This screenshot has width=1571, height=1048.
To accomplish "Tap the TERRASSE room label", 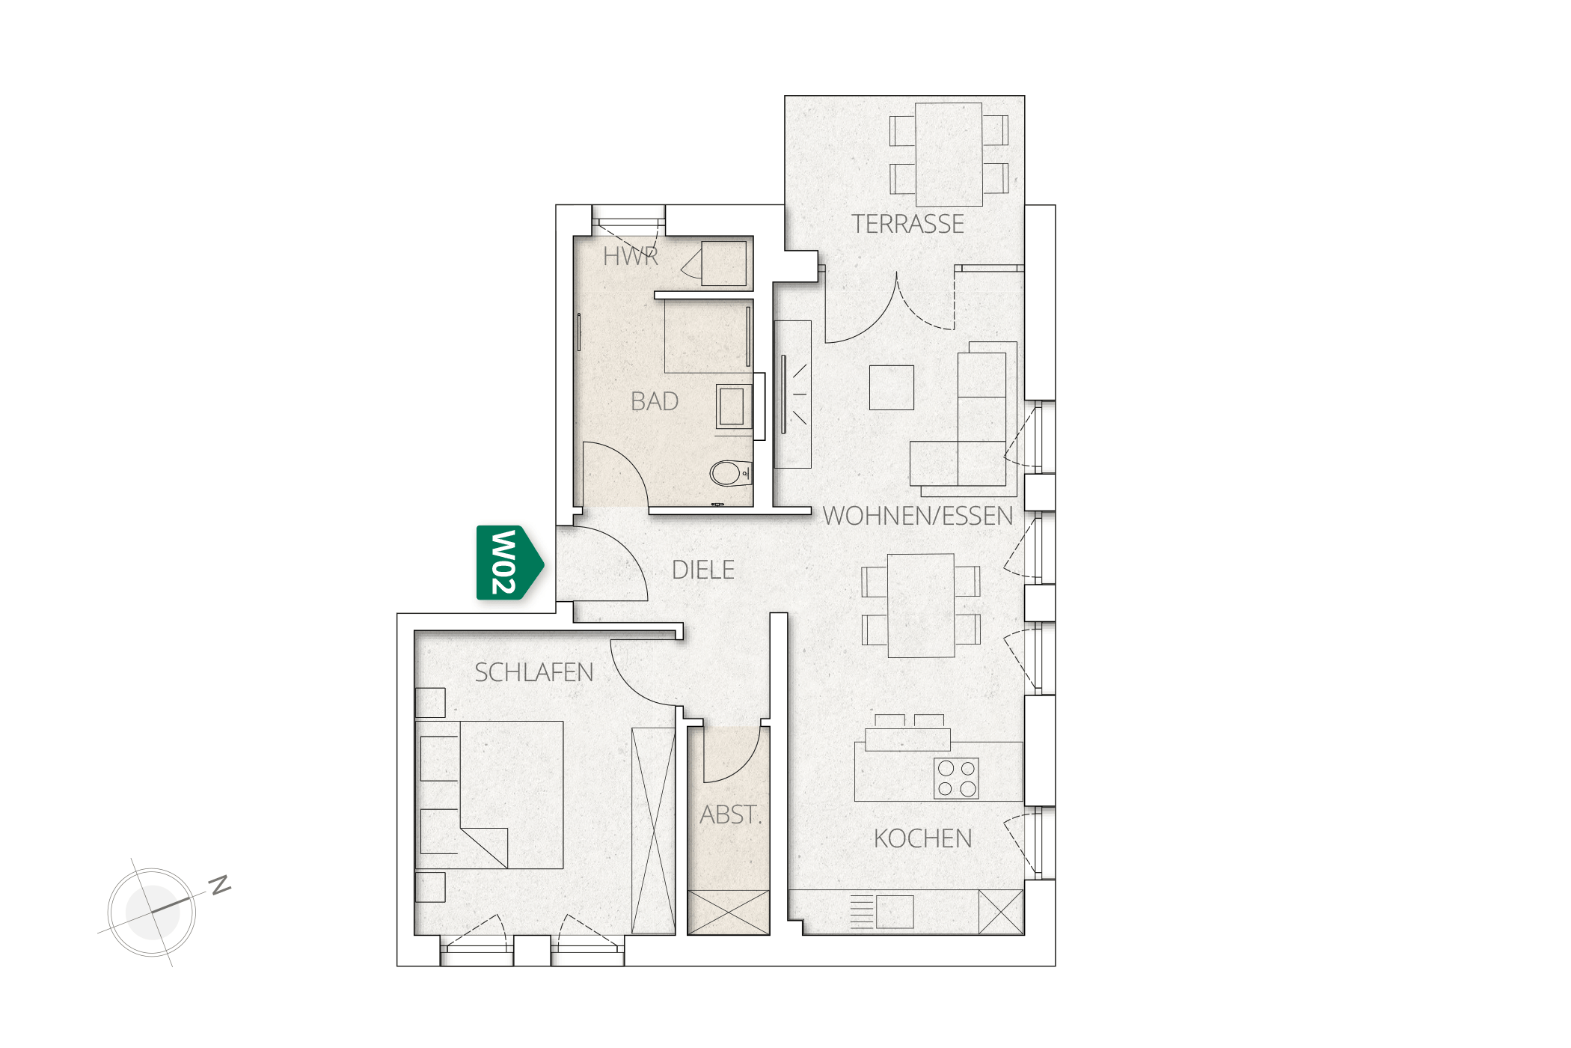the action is click(907, 224).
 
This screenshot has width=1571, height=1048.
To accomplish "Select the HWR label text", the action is click(631, 257).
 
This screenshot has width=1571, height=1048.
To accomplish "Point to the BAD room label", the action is click(655, 401).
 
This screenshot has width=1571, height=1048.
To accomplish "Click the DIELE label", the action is click(703, 570).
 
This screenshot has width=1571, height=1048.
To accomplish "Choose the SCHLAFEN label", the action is click(534, 672).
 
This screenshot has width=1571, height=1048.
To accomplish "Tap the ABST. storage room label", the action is click(731, 814).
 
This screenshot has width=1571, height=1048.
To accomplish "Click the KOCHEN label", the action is click(923, 838).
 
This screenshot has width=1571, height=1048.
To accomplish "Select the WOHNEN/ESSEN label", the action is click(918, 516).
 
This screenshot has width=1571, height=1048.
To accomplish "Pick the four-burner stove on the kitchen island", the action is click(957, 779).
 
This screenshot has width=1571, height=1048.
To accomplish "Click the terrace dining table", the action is click(949, 154).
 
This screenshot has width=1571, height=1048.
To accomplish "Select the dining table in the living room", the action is click(921, 606).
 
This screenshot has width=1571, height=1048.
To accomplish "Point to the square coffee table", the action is click(892, 387).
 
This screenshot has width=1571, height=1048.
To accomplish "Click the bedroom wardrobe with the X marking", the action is click(654, 831).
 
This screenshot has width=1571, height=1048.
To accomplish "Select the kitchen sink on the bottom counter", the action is click(895, 912).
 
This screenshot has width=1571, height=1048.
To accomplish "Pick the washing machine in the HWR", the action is click(724, 263).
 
